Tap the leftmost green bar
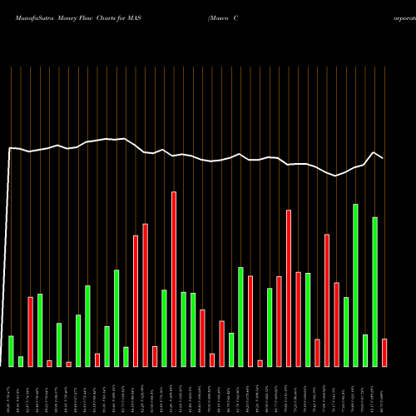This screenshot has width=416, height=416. pyautogui.click(x=11, y=350)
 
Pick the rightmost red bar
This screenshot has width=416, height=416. pyautogui.click(x=384, y=352)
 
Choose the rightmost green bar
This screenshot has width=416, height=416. pyautogui.click(x=374, y=291)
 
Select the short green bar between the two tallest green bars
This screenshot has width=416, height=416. pyautogui.click(x=365, y=349)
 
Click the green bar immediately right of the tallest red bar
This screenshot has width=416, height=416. pyautogui.click(x=184, y=329)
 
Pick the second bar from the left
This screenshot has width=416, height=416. pyautogui.click(x=21, y=361)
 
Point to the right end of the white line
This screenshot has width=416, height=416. pyautogui.click(x=384, y=158)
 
